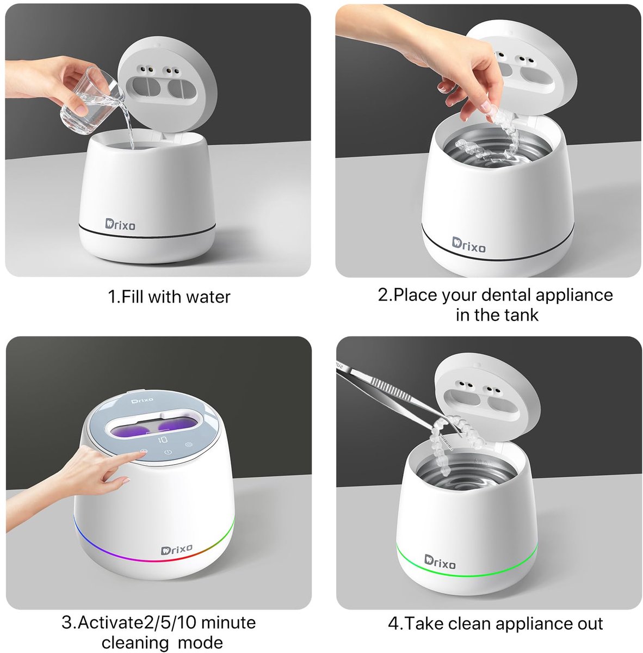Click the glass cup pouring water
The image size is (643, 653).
tap(91, 102)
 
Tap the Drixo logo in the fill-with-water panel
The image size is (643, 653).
tap(120, 224)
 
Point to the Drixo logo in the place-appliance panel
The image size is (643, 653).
tap(468, 245)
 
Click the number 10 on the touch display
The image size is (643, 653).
tap(162, 440)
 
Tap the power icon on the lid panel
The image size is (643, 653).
tap(168, 452)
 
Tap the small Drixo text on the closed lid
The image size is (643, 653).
tap(143, 401)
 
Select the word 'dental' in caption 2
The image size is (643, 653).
tap(504, 295)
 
